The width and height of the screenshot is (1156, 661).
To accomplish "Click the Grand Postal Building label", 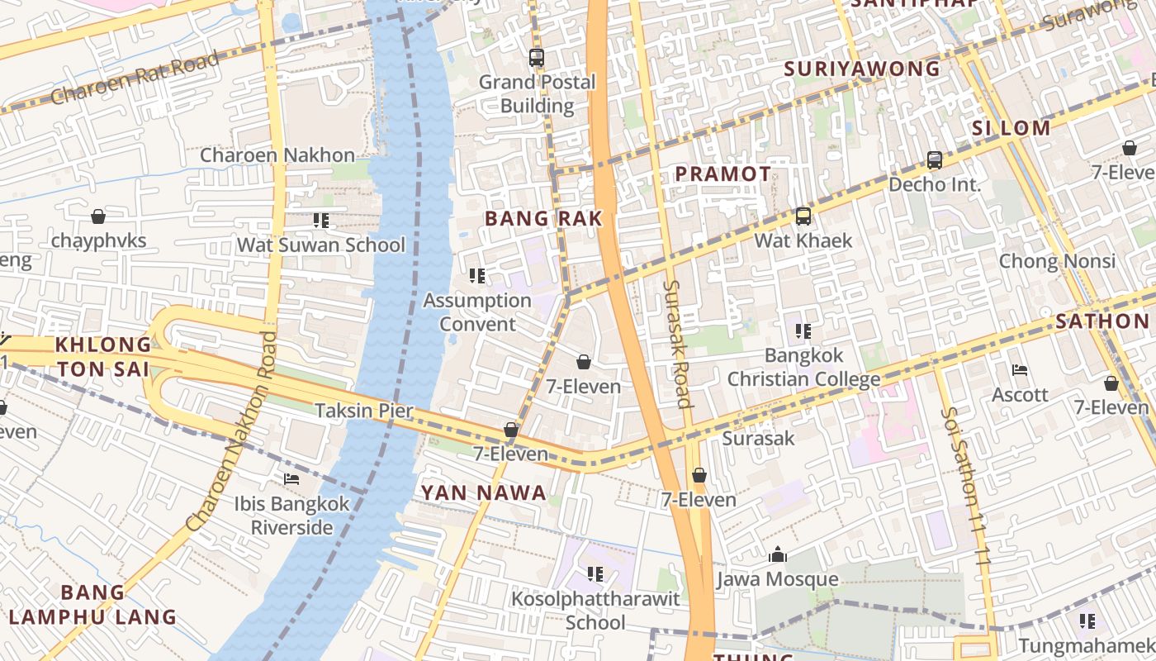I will pos(537,93).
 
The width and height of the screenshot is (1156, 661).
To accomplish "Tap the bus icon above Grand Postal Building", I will pos(537,58).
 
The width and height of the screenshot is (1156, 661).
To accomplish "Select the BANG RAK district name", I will pos(543,218).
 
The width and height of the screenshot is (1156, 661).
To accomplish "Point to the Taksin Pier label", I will pos(363,411).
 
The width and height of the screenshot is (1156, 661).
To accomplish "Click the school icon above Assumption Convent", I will pos(477,276).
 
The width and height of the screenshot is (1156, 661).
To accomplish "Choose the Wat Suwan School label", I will pos(321,245).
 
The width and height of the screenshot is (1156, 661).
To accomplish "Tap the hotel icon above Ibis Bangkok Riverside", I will pos(291,478).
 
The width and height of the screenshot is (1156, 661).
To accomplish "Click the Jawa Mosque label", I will pos(777,579).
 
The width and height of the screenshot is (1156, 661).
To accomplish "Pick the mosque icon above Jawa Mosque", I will pos(777,555).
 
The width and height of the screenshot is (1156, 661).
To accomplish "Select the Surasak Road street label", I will pos(676,344).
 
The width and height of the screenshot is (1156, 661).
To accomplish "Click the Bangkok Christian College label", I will pos(803,368).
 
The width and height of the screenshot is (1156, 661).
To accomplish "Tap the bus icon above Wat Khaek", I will pos(803,216).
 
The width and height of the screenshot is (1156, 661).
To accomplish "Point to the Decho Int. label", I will pos(935,184).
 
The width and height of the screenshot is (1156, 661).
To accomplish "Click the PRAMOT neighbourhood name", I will pos(723,174).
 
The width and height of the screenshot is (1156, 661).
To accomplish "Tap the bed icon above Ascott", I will pos(1020,370).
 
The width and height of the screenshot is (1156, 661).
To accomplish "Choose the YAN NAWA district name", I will pos(484,493).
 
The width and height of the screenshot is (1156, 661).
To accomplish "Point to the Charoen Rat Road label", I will pos(135,78).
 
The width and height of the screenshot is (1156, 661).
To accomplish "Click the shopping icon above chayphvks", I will pos(98,216).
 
